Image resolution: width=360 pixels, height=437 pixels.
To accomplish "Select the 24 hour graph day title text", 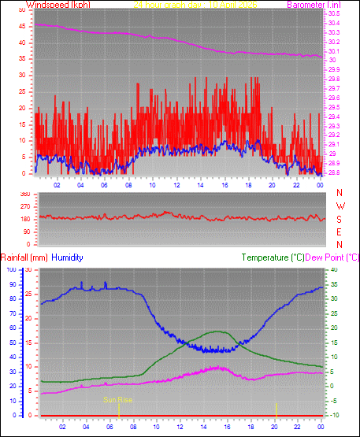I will pos(171,5).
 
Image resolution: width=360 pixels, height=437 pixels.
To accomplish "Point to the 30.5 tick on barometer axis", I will pos(333,14).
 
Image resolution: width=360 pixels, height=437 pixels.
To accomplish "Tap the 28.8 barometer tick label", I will pos(333,172).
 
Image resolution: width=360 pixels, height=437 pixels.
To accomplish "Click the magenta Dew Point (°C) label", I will pos(332,257).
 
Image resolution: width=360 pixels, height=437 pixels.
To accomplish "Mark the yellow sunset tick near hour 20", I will pos(276,409).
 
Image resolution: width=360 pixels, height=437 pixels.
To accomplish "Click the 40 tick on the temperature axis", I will pos(332,269).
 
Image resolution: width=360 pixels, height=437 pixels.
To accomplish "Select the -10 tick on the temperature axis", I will pos(332,415).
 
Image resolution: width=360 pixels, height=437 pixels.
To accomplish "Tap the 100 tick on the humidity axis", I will pos(11,269).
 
